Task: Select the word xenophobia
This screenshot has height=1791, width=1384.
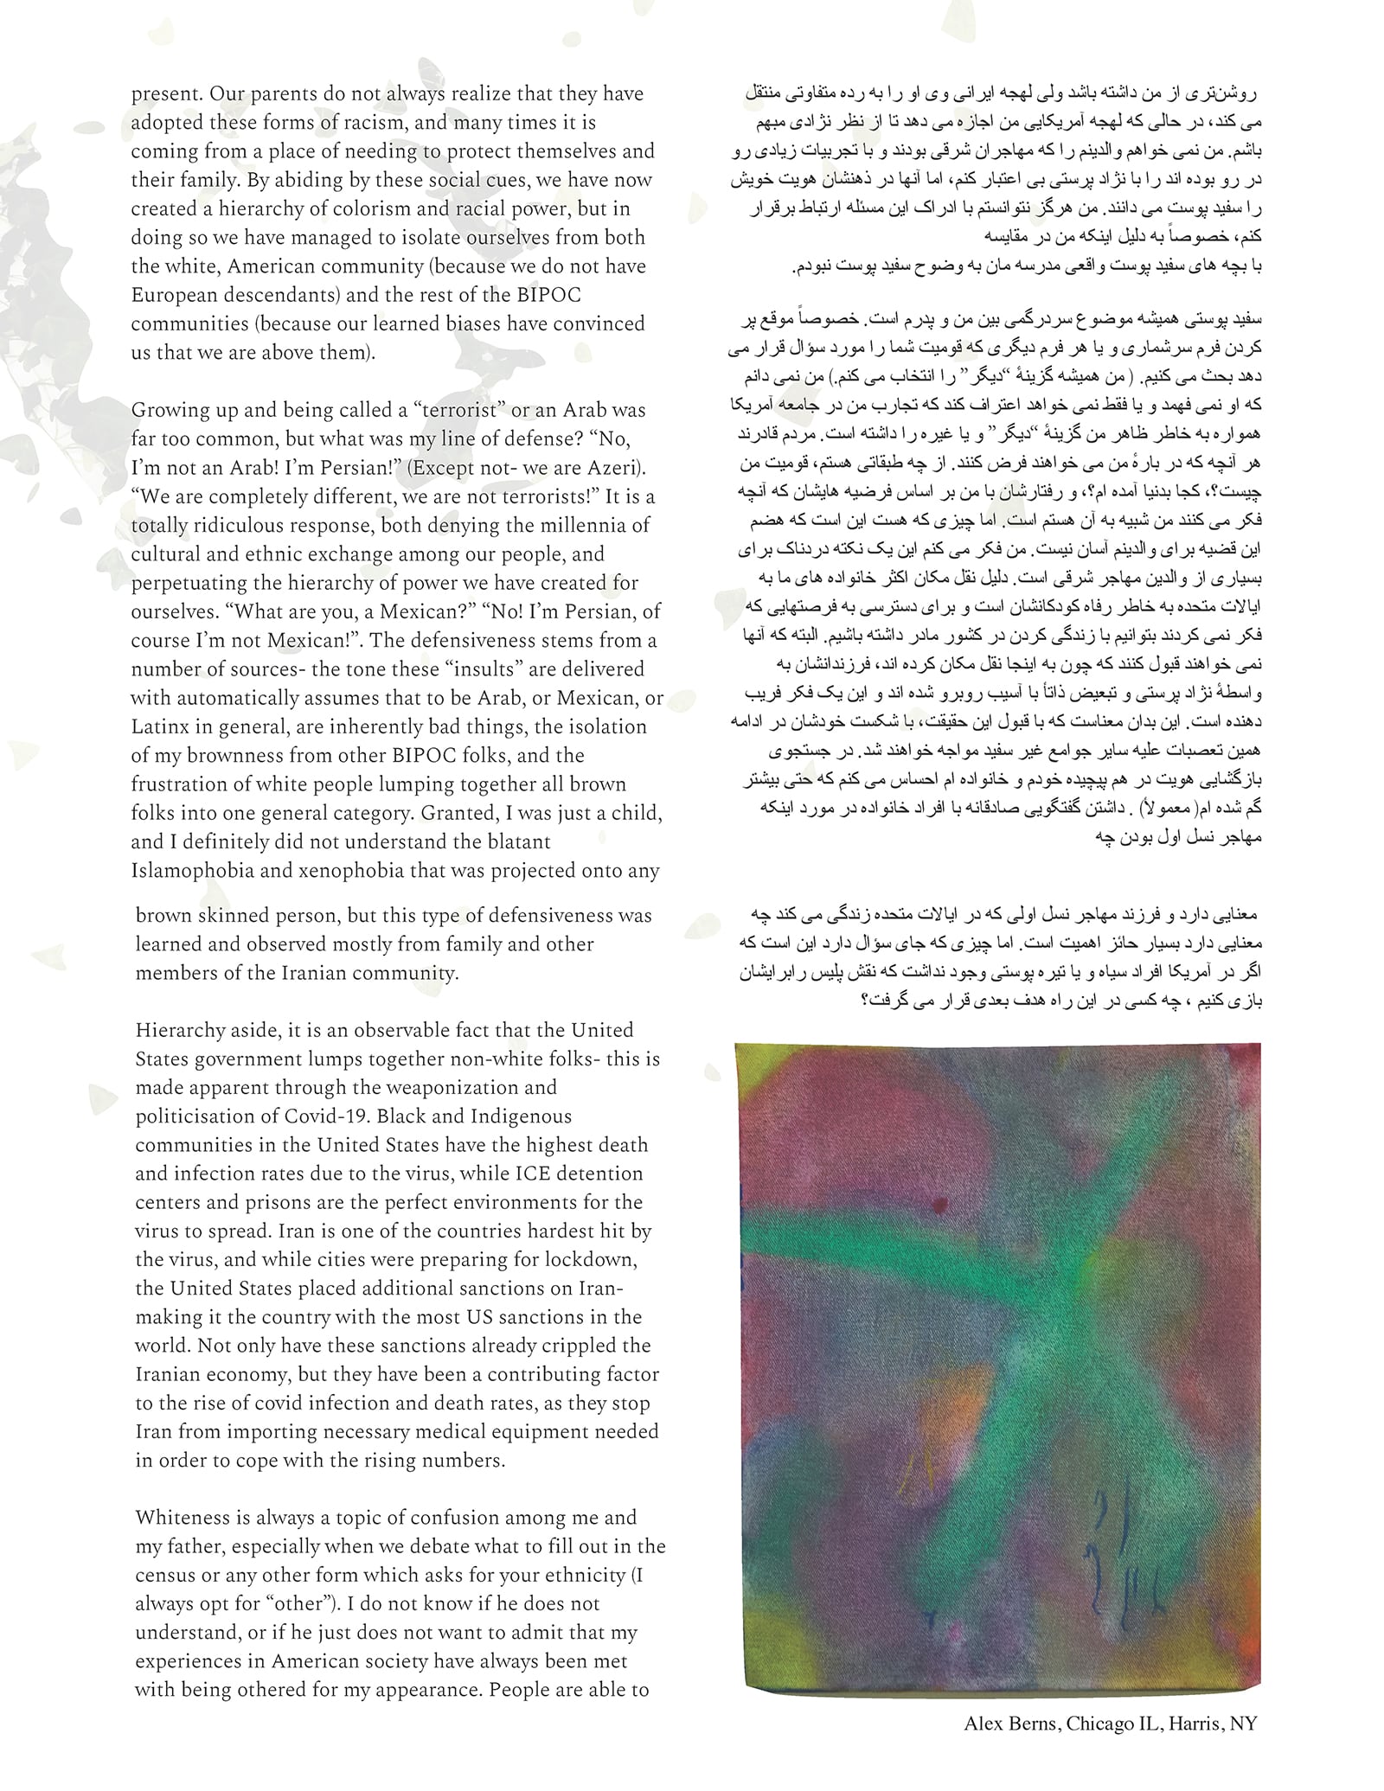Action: click(349, 871)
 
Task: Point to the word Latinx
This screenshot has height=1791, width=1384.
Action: click(160, 726)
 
